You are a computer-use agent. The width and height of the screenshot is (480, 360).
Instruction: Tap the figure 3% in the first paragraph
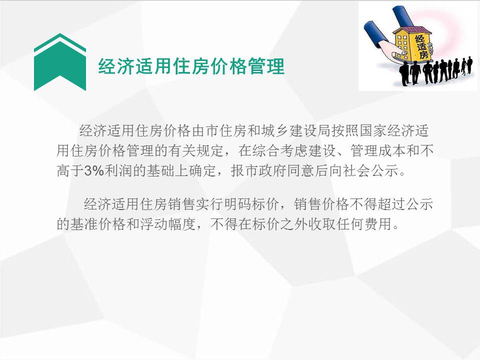point(94,170)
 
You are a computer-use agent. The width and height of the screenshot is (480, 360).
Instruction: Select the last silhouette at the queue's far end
point(469,65)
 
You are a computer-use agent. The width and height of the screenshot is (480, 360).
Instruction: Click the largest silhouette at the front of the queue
point(403,74)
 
